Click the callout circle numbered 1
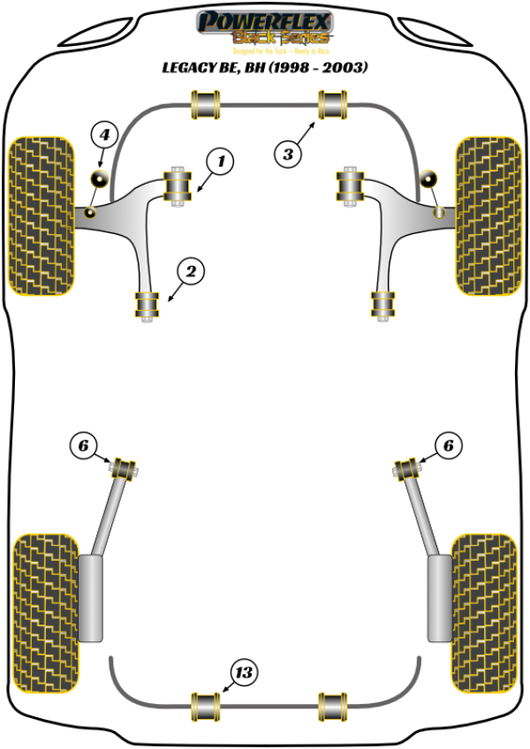coord(221,162)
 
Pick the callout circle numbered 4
coord(104,135)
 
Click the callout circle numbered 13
coord(244,674)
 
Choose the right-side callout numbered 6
coord(448,448)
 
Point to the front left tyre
coord(41,215)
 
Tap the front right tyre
coord(487,215)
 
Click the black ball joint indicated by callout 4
coord(100,179)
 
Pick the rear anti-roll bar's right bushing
coord(332,705)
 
